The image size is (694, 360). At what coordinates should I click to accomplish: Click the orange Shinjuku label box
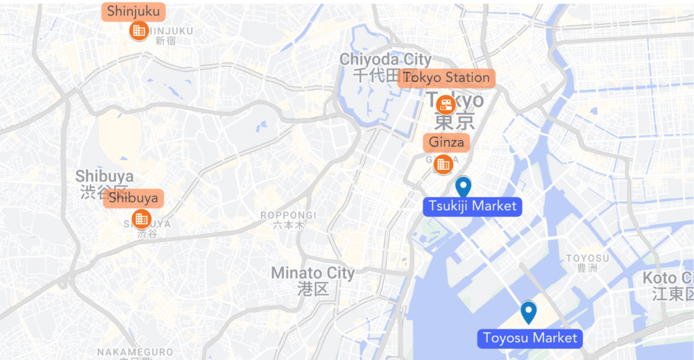133,12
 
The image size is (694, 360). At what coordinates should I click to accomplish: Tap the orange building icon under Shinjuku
139,31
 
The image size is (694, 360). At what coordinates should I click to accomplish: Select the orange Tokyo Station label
447,78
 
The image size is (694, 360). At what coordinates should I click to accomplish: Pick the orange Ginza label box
447,142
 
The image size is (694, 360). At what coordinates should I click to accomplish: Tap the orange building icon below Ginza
442,164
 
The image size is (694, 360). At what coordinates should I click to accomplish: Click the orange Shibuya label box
133,198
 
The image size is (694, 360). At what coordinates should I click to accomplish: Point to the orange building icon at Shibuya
141,219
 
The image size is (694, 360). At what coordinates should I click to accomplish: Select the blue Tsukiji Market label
473,206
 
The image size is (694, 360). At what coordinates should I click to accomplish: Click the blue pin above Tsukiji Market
463,187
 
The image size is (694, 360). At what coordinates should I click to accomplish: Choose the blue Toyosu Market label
530,338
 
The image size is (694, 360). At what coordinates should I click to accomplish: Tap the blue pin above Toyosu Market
529,312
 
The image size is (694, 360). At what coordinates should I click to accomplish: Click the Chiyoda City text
384,60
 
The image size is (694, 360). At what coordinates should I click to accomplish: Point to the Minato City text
312,273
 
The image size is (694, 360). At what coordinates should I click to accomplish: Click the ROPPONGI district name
288,215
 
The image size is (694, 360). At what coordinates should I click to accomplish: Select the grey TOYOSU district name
587,259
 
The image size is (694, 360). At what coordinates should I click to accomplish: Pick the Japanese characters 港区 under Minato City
312,289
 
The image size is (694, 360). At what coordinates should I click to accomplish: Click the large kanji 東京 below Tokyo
455,123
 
